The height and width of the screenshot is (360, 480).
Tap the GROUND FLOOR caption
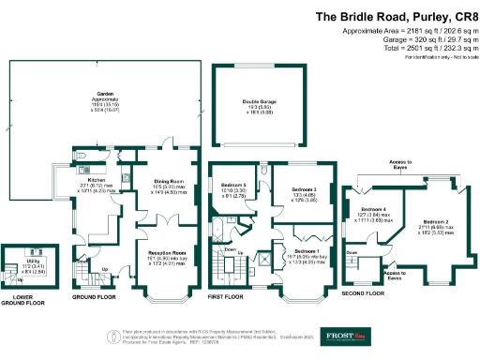pyautogui.click(x=95, y=297)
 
